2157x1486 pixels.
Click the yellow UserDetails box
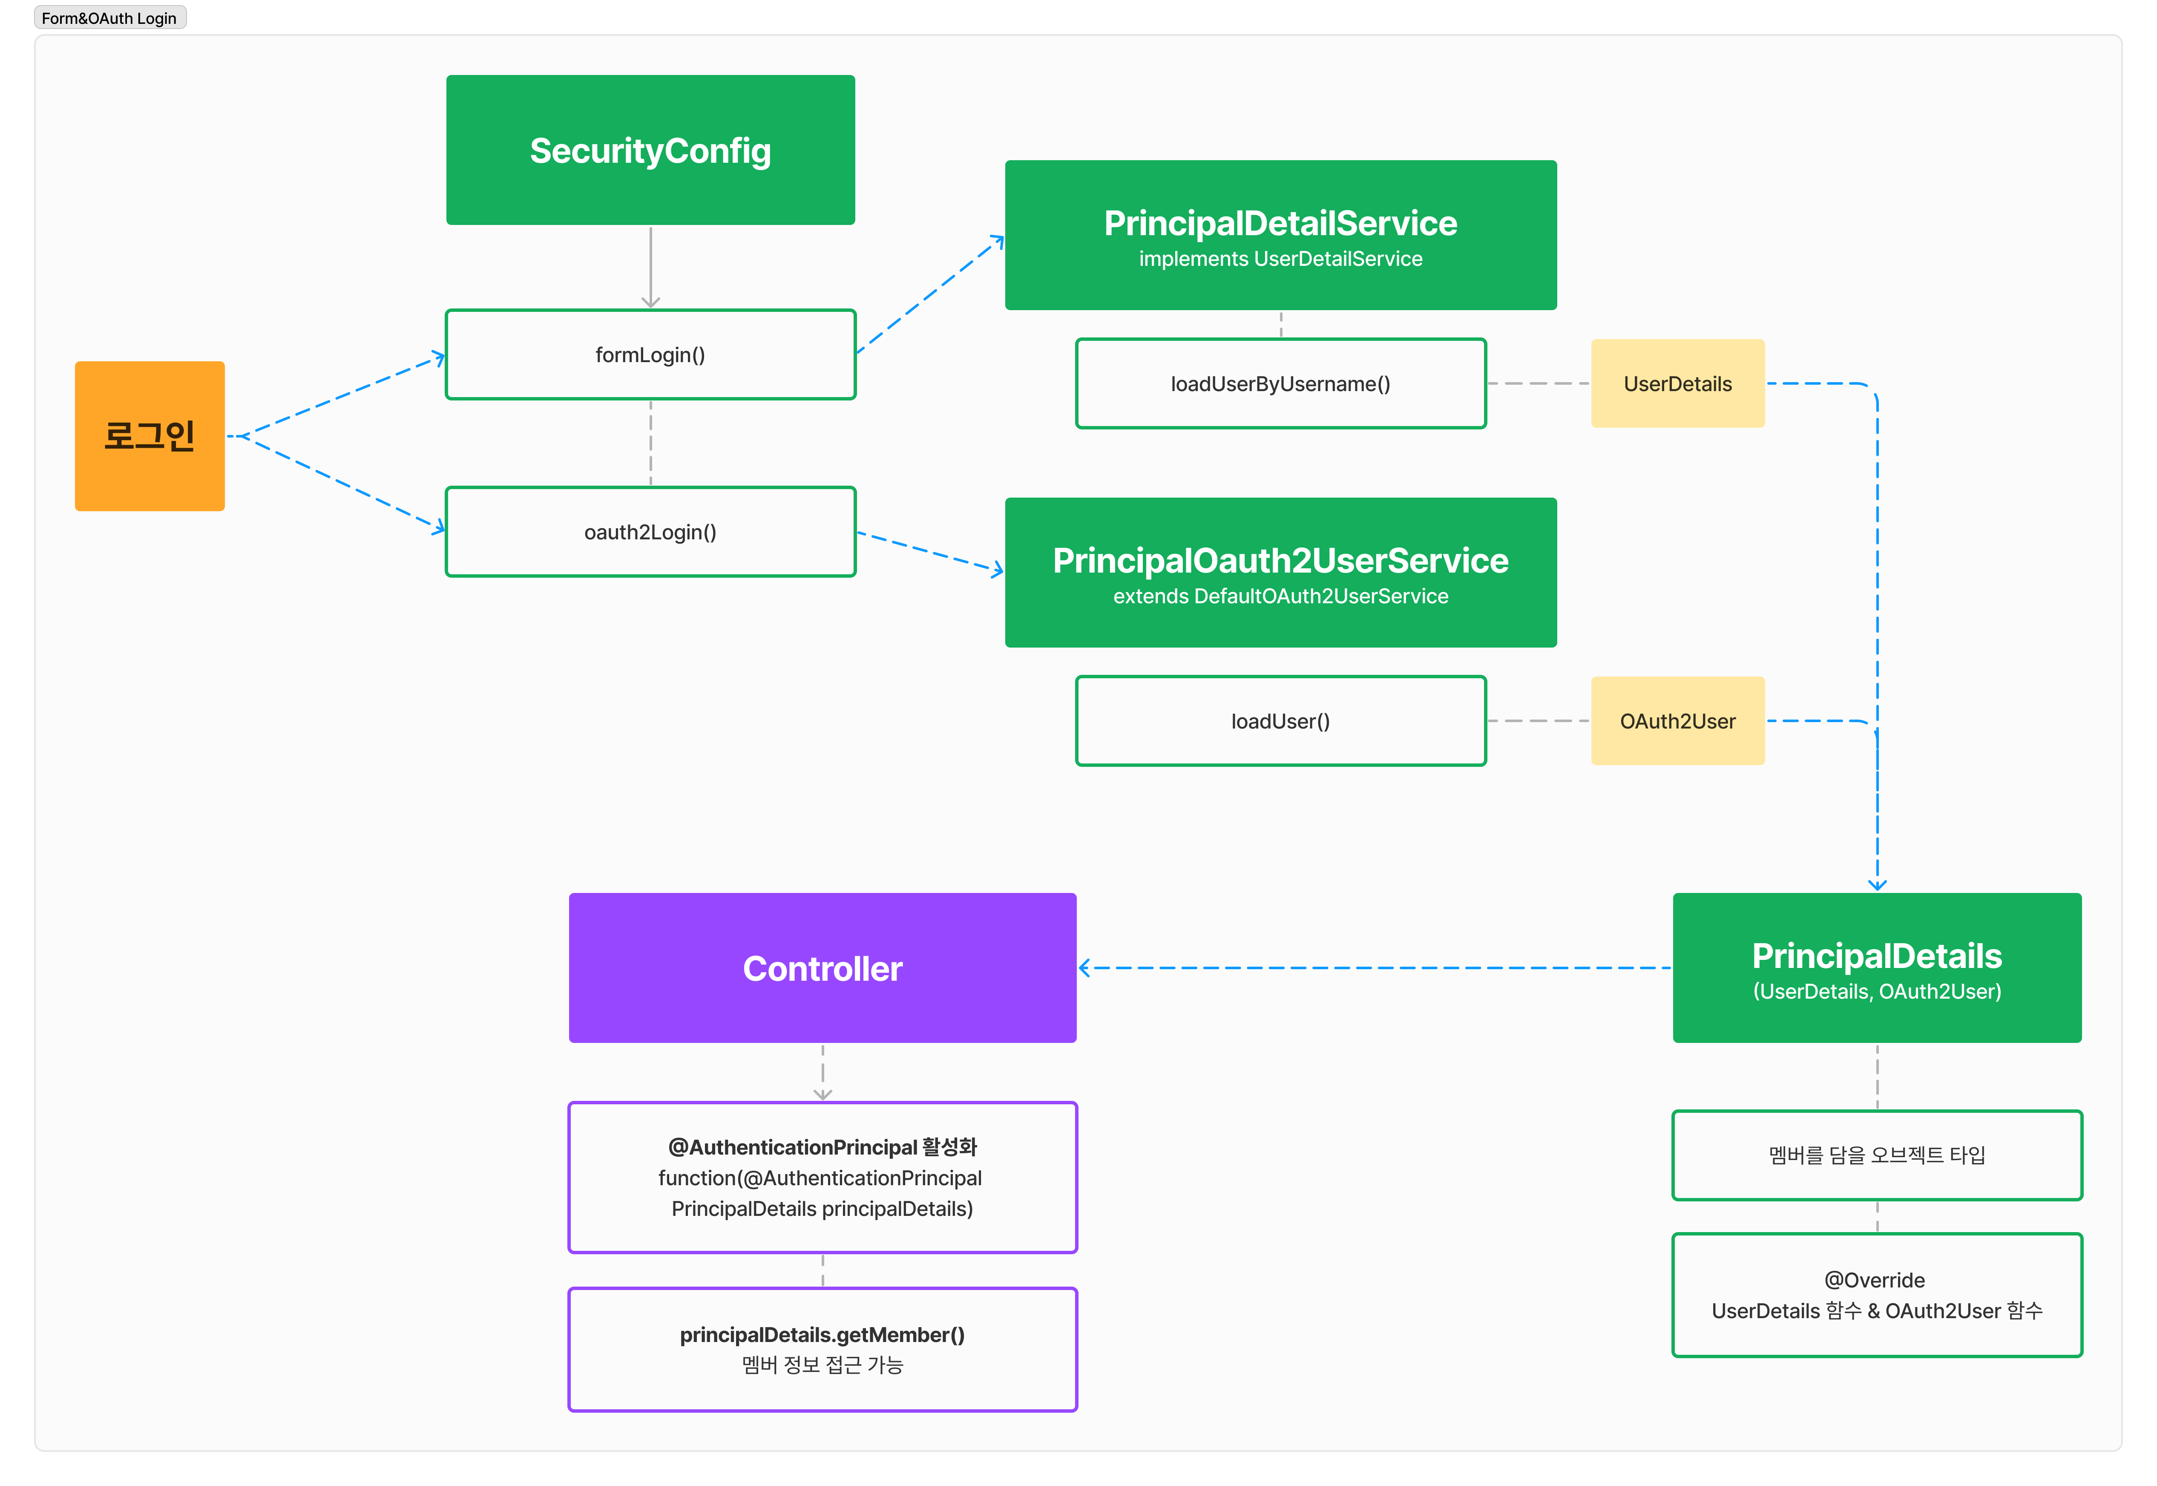(1677, 383)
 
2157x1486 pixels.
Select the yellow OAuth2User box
(1677, 721)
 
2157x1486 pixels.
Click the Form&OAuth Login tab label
(109, 18)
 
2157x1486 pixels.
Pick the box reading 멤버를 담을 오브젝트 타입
(1877, 1155)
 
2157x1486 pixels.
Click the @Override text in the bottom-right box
(1875, 1280)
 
